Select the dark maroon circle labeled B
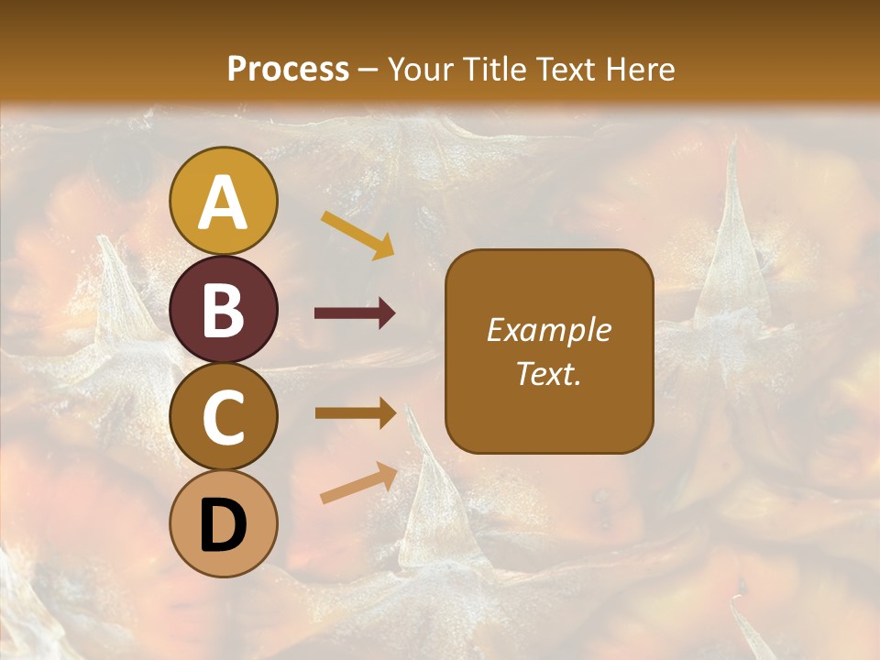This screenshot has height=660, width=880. [225, 309]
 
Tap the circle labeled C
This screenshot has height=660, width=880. [225, 417]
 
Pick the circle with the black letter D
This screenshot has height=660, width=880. [225, 524]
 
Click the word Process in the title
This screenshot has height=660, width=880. [288, 70]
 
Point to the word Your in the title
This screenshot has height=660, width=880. [419, 70]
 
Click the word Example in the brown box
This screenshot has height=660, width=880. [549, 330]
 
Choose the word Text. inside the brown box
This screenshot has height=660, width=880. [549, 373]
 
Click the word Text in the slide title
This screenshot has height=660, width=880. [564, 70]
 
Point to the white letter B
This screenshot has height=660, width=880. [224, 310]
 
